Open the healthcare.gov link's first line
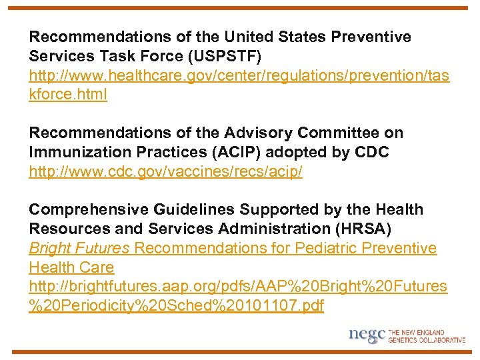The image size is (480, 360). point(239,75)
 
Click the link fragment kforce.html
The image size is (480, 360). point(67,95)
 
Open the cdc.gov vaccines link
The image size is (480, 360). point(165,172)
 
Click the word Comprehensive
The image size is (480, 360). point(89,210)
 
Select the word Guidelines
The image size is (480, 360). point(195,210)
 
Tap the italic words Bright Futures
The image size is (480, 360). point(79,249)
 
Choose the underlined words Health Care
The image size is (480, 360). point(71,268)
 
